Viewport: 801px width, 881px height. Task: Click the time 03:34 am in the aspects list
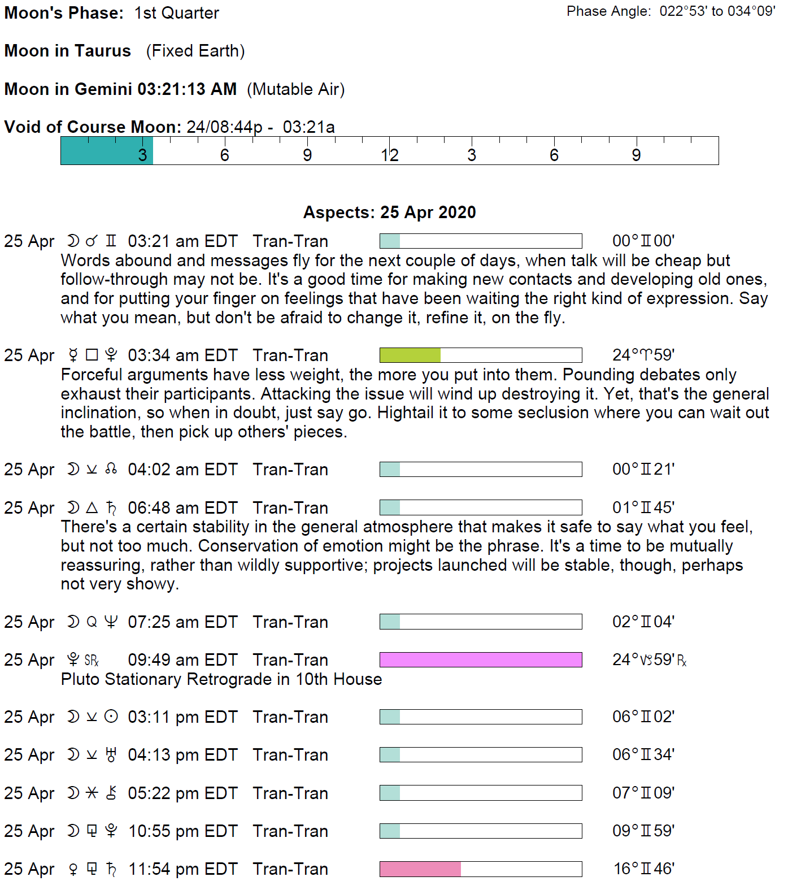164,355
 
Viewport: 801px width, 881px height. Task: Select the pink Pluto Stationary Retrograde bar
481,659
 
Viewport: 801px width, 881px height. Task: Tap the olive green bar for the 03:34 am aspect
410,355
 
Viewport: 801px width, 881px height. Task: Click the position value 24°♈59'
643,355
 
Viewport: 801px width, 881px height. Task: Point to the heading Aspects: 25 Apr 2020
390,212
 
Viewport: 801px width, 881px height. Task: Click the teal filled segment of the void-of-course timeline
106,151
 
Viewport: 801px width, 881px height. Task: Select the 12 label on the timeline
390,155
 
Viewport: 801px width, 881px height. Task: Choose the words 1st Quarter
177,13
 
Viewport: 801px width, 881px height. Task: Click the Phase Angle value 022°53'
683,11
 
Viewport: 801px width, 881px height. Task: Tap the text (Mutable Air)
295,89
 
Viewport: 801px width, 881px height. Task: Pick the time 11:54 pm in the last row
164,869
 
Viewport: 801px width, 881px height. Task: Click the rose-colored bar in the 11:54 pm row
420,869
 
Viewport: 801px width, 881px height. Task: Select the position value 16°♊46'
644,869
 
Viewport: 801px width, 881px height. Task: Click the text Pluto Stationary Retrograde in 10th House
221,679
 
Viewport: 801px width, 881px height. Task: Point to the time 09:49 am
164,660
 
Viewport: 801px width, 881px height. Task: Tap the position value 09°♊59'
643,831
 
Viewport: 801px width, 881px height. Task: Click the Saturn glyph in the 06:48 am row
111,508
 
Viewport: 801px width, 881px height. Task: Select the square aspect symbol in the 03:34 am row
92,355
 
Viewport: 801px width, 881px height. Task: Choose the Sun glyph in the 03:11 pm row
111,717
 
